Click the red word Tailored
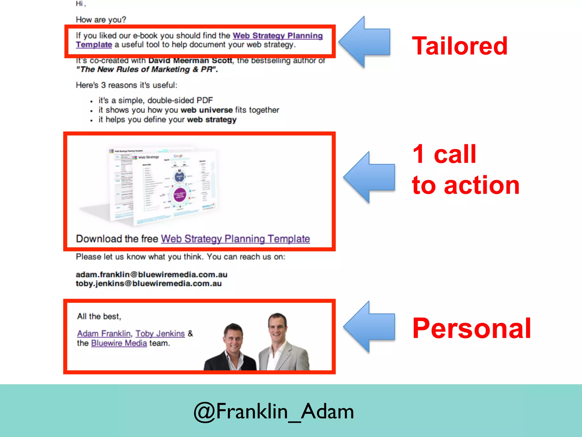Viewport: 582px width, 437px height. coord(460,46)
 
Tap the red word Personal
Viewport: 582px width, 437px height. coord(471,328)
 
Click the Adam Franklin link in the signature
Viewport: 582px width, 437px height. coord(104,333)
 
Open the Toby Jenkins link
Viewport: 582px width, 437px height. coord(160,333)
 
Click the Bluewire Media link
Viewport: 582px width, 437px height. coord(119,343)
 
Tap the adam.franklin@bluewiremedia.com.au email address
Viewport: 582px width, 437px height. coord(151,275)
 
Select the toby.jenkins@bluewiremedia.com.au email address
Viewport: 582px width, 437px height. coord(149,284)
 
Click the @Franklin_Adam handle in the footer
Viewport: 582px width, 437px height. coord(274,411)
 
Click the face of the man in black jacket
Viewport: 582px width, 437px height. coord(234,337)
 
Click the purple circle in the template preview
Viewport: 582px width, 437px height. coord(180,195)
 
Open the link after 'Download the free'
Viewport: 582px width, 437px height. coord(235,239)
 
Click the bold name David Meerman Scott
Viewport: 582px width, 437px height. coord(190,61)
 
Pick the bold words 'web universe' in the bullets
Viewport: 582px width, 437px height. coord(207,110)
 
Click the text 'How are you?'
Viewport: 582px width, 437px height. coord(101,20)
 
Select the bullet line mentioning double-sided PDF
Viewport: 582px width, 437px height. coord(155,100)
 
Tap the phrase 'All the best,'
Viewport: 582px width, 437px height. coord(99,316)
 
